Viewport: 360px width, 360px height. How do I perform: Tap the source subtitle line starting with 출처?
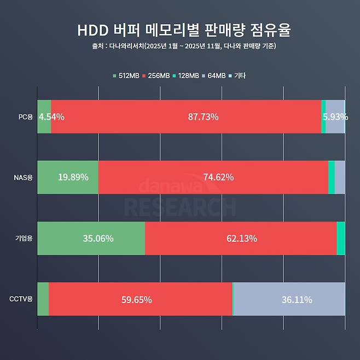pos(180,47)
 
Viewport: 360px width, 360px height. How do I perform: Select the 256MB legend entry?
pos(156,76)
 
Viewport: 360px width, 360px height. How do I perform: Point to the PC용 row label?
pos(26,117)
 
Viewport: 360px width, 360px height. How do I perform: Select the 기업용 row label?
pos(25,238)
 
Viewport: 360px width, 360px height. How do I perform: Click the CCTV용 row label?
pos(22,299)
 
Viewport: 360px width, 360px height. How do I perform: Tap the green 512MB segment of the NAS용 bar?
pos(68,177)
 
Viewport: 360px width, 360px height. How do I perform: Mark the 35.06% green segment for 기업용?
pos(91,238)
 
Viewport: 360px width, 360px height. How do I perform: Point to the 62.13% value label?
pos(241,238)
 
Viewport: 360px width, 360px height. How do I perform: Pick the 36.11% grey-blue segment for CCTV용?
pos(289,299)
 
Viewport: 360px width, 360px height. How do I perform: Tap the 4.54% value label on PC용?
pos(51,117)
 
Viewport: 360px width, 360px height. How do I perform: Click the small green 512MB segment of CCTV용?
pos(43,299)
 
